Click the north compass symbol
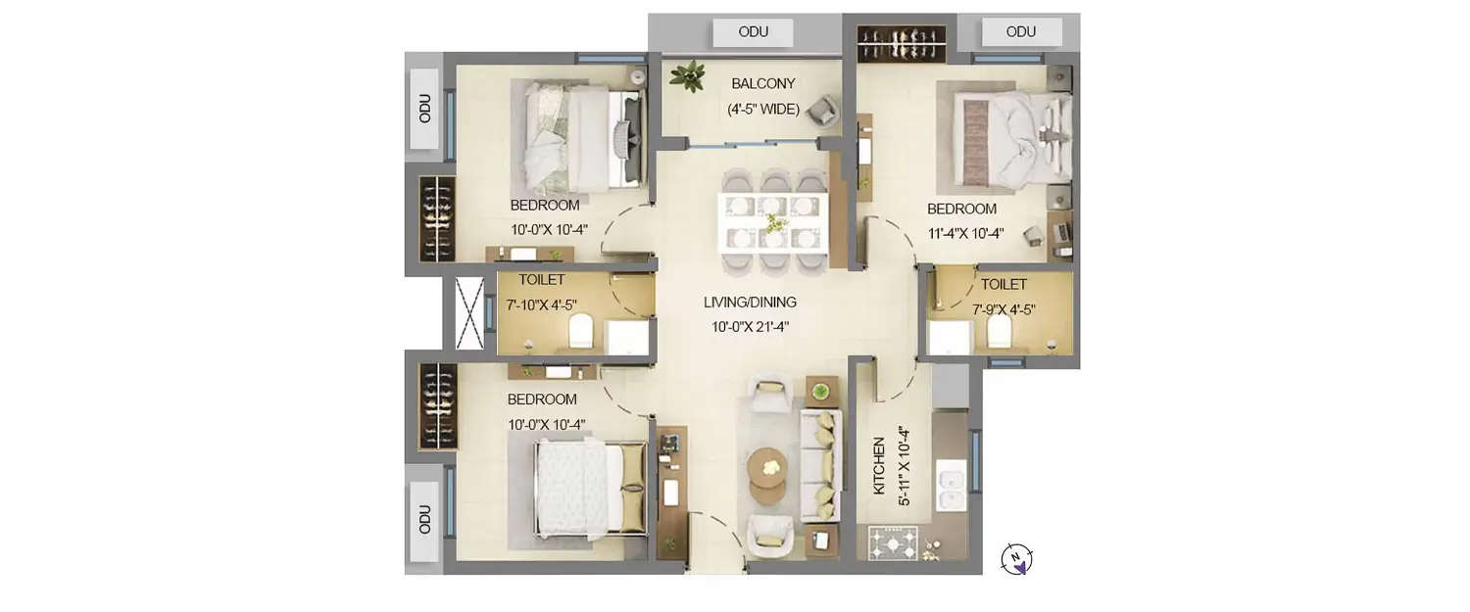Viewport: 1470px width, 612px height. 1016,559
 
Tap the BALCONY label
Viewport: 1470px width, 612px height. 763,84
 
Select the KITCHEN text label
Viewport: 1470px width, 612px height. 878,466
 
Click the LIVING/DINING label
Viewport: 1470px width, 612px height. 750,303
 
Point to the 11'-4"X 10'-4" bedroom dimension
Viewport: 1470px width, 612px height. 965,233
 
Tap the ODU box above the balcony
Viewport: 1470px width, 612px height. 753,32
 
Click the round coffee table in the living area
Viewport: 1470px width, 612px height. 767,467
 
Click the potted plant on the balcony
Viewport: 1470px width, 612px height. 689,75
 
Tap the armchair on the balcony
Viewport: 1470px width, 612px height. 823,111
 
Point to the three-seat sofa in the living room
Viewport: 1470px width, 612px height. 820,465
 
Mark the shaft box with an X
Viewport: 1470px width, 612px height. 469,313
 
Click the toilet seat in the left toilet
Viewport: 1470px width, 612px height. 580,330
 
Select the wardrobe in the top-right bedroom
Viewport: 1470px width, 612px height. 901,44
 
